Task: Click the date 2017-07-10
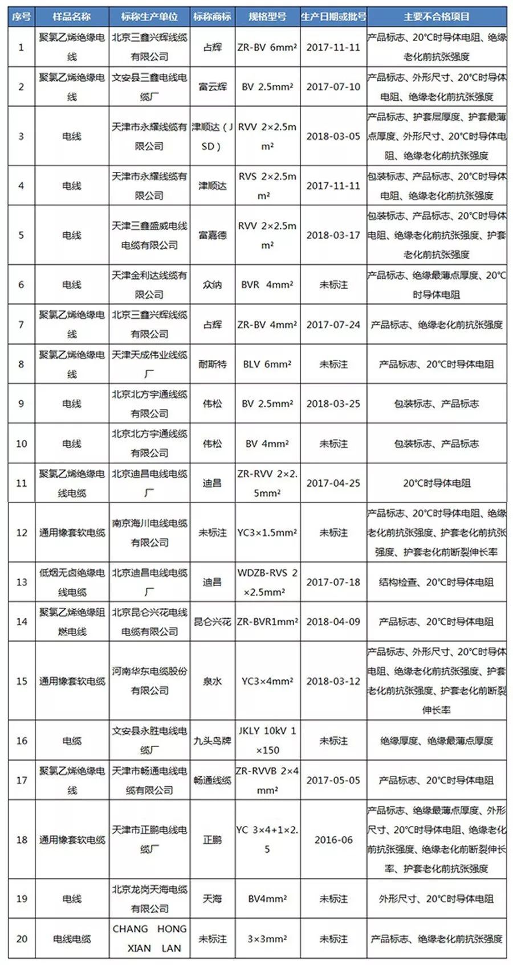pyautogui.click(x=333, y=87)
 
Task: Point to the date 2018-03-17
pyautogui.click(x=333, y=235)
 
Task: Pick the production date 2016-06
pyautogui.click(x=333, y=840)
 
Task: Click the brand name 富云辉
pyautogui.click(x=212, y=87)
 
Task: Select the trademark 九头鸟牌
pyautogui.click(x=212, y=741)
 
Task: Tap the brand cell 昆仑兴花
pyautogui.click(x=212, y=622)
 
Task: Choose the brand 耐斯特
pyautogui.click(x=212, y=364)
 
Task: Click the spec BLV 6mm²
pyautogui.click(x=267, y=364)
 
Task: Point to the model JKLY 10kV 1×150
pyautogui.click(x=267, y=740)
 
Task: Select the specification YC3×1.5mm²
pyautogui.click(x=267, y=533)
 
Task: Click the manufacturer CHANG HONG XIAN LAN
pyautogui.click(x=149, y=938)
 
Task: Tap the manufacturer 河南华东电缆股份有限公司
pyautogui.click(x=149, y=681)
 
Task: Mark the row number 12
pyautogui.click(x=22, y=533)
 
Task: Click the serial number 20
pyautogui.click(x=22, y=938)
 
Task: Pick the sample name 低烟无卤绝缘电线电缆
pyautogui.click(x=72, y=582)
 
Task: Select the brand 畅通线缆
pyautogui.click(x=212, y=780)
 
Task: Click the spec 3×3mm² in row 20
pyautogui.click(x=267, y=938)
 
